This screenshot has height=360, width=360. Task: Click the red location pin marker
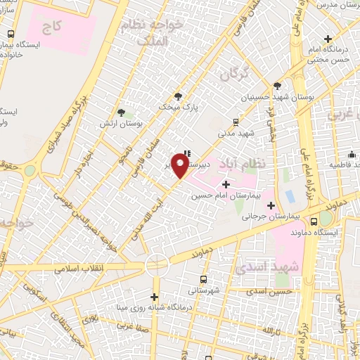click(180, 165)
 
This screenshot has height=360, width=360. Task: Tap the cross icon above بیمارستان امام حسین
click(225, 184)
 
